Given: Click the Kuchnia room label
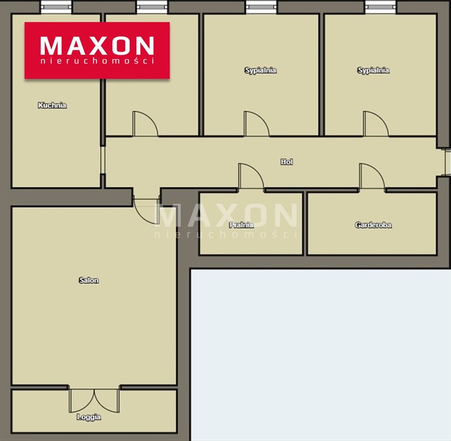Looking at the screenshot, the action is click(x=52, y=106).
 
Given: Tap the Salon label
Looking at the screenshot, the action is click(x=89, y=280).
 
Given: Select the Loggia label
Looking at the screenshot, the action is click(x=89, y=417).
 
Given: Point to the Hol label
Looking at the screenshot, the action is click(x=287, y=162).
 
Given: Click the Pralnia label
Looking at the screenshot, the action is click(x=241, y=225).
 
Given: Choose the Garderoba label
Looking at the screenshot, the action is click(x=373, y=225).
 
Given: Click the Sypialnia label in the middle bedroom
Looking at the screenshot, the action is click(x=261, y=71).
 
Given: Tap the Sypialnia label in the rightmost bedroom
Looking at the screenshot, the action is click(x=373, y=71).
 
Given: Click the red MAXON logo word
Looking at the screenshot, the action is click(x=97, y=45).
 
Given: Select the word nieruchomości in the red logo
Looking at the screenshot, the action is click(x=97, y=61).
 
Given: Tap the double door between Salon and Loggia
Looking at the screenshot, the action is click(x=94, y=400).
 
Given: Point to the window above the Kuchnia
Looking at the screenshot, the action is click(x=56, y=7).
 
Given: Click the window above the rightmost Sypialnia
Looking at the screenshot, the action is click(x=380, y=7).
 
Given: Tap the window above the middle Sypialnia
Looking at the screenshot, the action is click(x=261, y=7).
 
